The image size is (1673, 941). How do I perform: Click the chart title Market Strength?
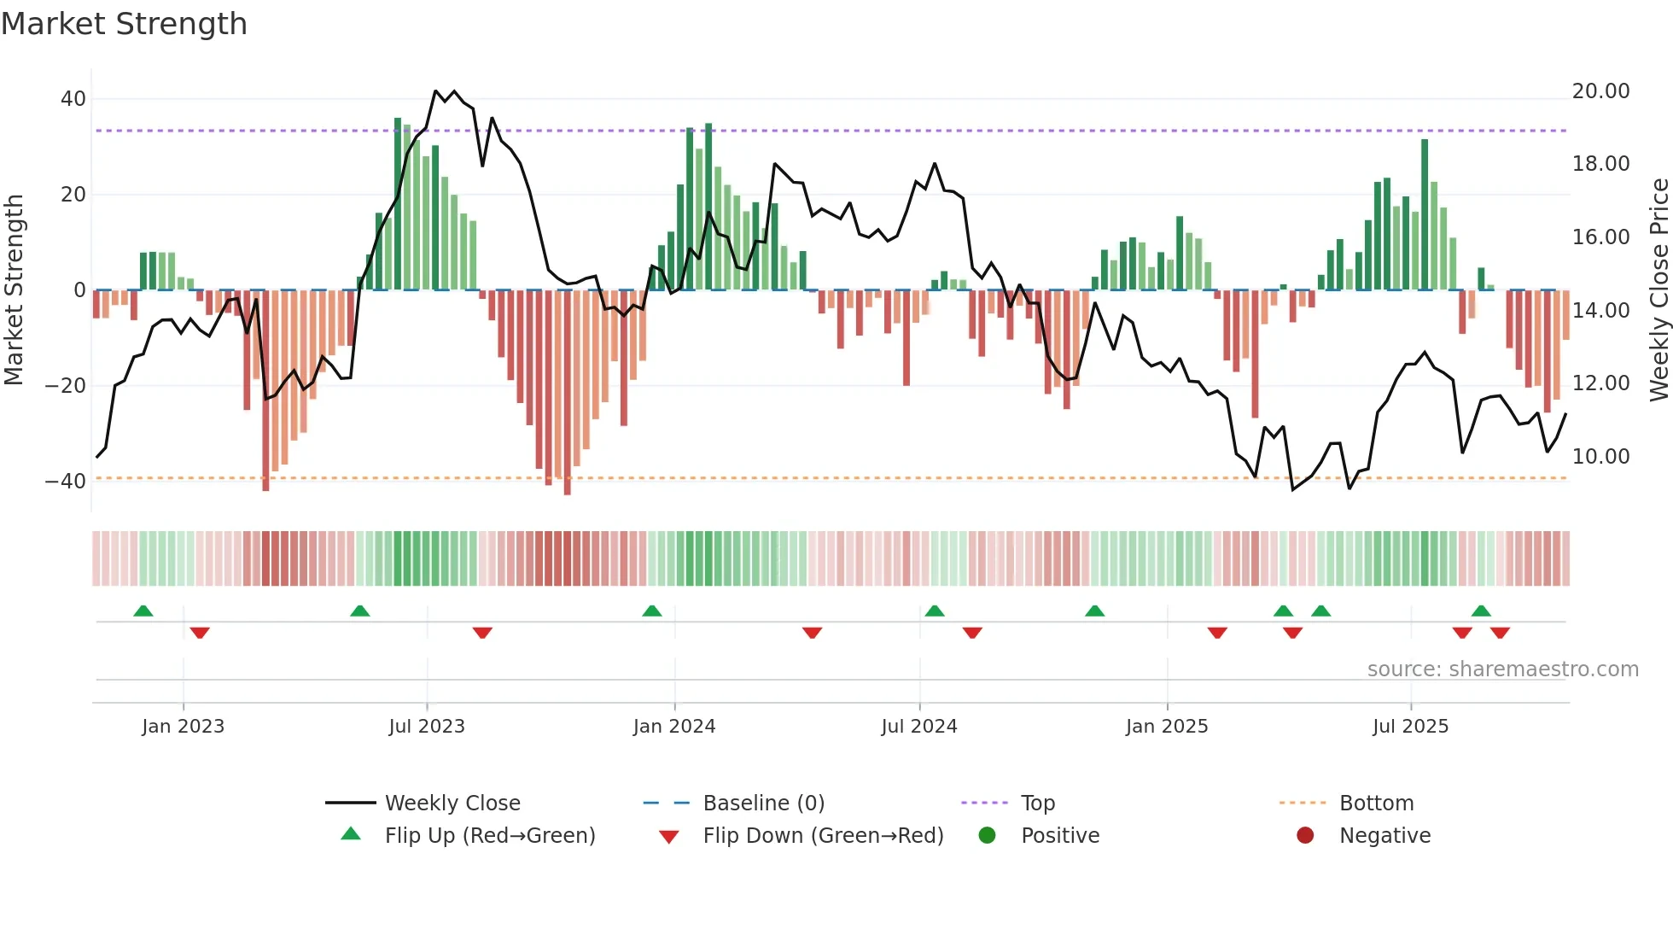click(124, 24)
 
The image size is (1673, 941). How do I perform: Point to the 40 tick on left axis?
click(73, 99)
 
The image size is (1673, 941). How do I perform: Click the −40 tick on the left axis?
click(66, 481)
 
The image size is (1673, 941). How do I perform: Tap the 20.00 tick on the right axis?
click(1600, 91)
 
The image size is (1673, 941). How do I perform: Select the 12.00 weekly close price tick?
click(1600, 383)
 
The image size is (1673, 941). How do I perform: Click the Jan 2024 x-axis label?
click(673, 727)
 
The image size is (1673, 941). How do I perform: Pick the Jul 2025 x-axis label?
click(1410, 727)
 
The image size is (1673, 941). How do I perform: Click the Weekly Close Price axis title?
click(1658, 290)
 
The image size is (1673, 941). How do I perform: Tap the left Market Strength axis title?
click(14, 290)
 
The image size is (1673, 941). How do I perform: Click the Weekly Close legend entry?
click(452, 804)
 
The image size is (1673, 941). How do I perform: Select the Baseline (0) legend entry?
click(763, 804)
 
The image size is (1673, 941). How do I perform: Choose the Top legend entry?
click(1037, 804)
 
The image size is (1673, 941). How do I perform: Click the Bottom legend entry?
click(1376, 804)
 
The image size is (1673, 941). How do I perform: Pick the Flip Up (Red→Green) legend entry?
click(489, 836)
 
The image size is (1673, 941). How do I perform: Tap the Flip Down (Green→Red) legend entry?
click(823, 836)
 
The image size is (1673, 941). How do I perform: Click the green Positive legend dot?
click(987, 836)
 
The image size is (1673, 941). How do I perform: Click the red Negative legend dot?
click(1305, 836)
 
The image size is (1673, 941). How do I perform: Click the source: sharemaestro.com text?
click(1502, 669)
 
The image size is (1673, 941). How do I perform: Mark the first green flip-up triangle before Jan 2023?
click(143, 611)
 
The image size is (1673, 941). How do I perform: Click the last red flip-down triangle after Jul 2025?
click(1500, 633)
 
